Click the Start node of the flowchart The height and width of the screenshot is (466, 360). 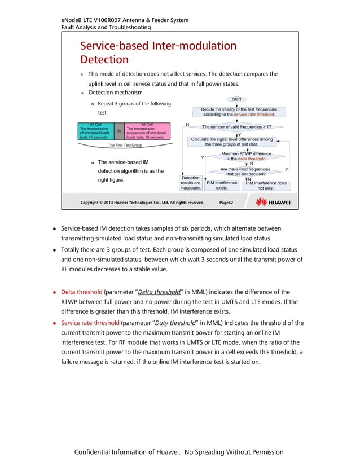pos(236,99)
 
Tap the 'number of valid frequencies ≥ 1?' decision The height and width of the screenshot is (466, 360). pos(236,127)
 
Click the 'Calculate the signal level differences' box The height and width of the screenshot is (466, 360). pos(231,142)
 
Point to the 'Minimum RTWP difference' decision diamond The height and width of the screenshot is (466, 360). pos(246,156)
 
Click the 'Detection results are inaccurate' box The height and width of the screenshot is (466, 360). pos(190,183)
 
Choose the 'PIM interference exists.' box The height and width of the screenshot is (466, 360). pos(222,186)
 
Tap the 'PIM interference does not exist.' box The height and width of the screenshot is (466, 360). pos(266,186)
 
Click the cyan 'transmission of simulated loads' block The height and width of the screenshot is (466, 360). pos(94,131)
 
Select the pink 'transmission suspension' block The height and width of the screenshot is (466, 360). pos(146,131)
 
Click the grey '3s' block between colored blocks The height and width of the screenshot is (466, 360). pos(119,131)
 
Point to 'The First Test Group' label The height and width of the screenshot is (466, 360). pos(125,146)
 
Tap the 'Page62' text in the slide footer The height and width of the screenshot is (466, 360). pos(226,203)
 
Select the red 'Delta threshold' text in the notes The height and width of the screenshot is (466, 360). pos(81,292)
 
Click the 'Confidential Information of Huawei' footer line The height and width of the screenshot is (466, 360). pos(179,452)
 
